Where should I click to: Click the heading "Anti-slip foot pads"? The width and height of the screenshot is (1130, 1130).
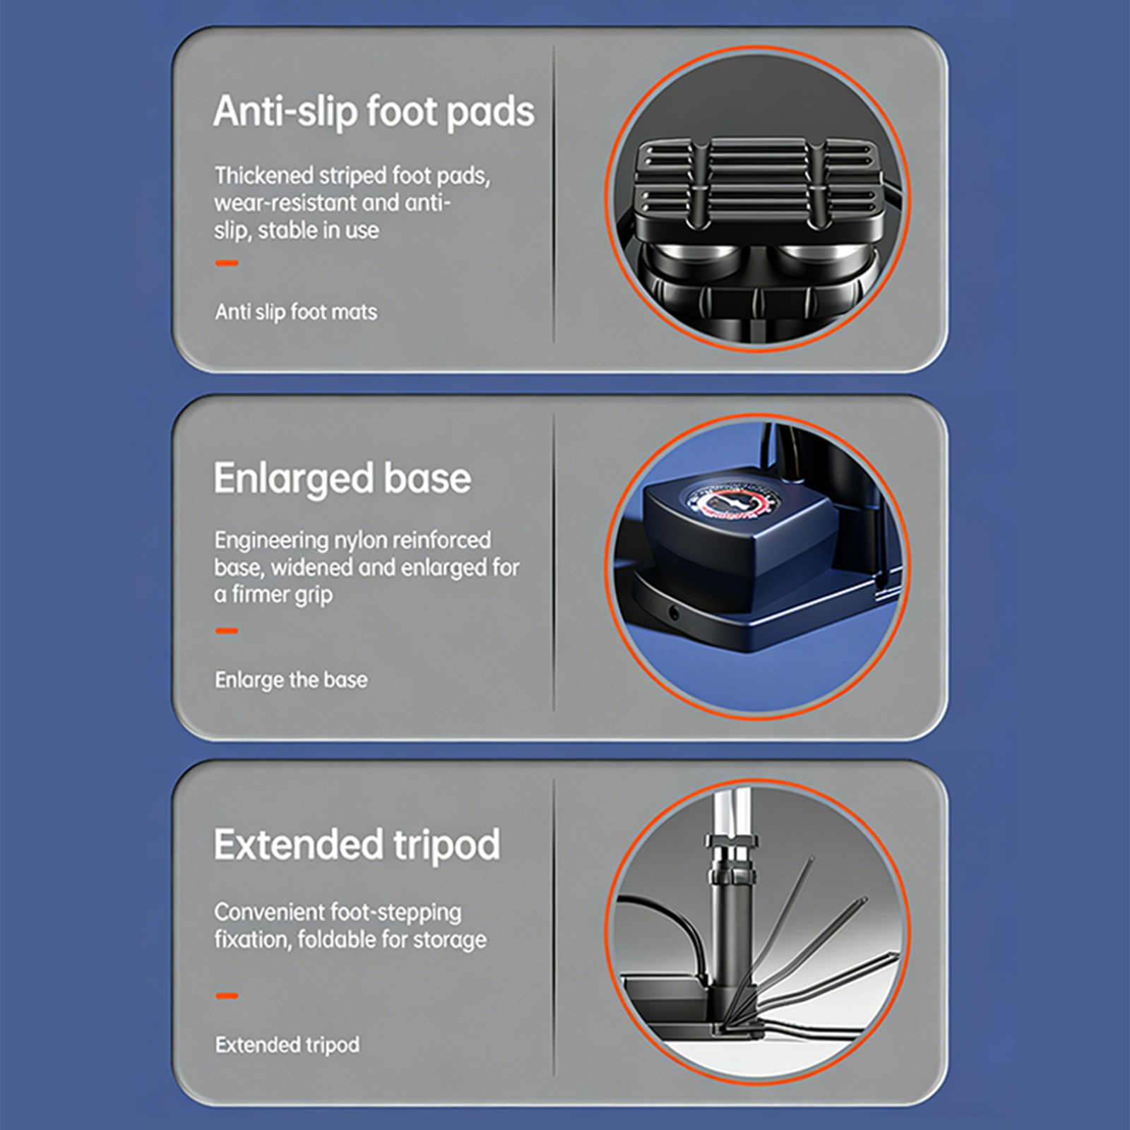coord(374,112)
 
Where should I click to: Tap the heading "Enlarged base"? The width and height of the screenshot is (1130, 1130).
coord(343,479)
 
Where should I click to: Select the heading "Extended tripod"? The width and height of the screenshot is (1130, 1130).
coord(357,845)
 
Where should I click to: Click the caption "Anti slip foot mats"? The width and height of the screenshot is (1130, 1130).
coord(296,311)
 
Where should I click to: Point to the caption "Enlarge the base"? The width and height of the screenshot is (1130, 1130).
coord(291,679)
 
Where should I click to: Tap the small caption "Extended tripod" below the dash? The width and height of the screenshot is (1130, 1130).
coord(287,1045)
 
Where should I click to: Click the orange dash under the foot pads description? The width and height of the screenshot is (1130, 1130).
coord(227,263)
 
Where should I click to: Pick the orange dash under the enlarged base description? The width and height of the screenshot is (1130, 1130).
coord(227,631)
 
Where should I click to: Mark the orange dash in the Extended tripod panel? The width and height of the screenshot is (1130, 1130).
coord(227,996)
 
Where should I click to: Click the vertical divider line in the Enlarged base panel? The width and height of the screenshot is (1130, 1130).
coord(554,563)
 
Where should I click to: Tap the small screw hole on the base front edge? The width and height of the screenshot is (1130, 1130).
coord(673,613)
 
